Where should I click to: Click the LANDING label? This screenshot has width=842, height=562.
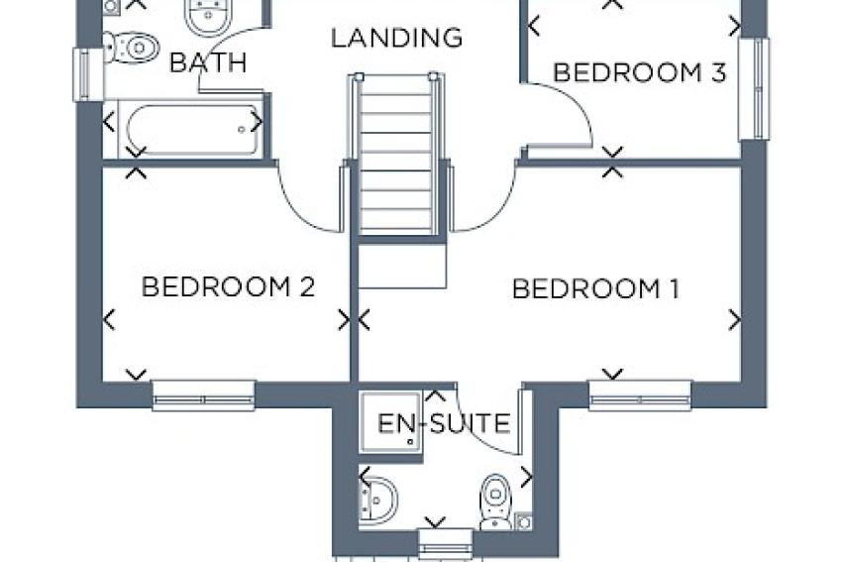(x=396, y=39)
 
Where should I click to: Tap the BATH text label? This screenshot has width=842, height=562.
(x=208, y=63)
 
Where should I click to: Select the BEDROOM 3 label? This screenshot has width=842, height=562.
(x=640, y=72)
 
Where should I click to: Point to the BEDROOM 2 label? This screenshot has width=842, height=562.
(x=228, y=287)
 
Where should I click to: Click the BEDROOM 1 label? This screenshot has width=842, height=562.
(x=595, y=289)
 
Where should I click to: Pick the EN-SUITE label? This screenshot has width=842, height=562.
(x=445, y=424)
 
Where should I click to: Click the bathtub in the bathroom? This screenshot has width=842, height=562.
(x=188, y=129)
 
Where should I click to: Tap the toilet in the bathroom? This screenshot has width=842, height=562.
(x=132, y=47)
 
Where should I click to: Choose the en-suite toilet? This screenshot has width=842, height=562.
(x=494, y=501)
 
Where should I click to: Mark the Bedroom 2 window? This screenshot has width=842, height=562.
(x=203, y=396)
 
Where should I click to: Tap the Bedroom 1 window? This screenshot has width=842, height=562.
(x=640, y=396)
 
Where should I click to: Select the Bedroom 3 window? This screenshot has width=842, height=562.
(x=754, y=89)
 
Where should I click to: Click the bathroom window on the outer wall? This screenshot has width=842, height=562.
(x=87, y=73)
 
